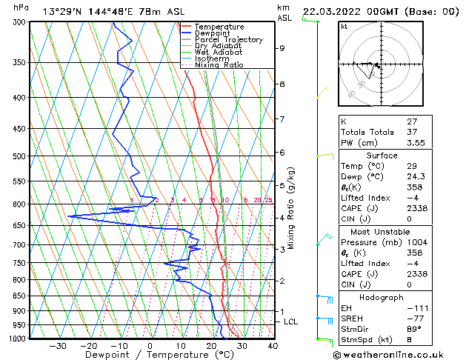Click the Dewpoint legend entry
[210, 33]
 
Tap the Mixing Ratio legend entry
[219, 65]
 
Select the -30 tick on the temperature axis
[58, 345]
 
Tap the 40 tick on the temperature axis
[273, 345]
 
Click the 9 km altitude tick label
[282, 48]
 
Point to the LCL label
[290, 321]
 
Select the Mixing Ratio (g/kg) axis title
[291, 207]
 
